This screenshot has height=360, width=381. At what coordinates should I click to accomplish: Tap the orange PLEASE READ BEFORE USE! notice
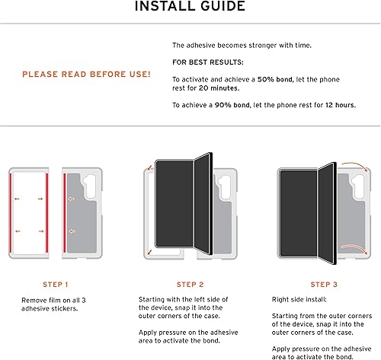(86, 75)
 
